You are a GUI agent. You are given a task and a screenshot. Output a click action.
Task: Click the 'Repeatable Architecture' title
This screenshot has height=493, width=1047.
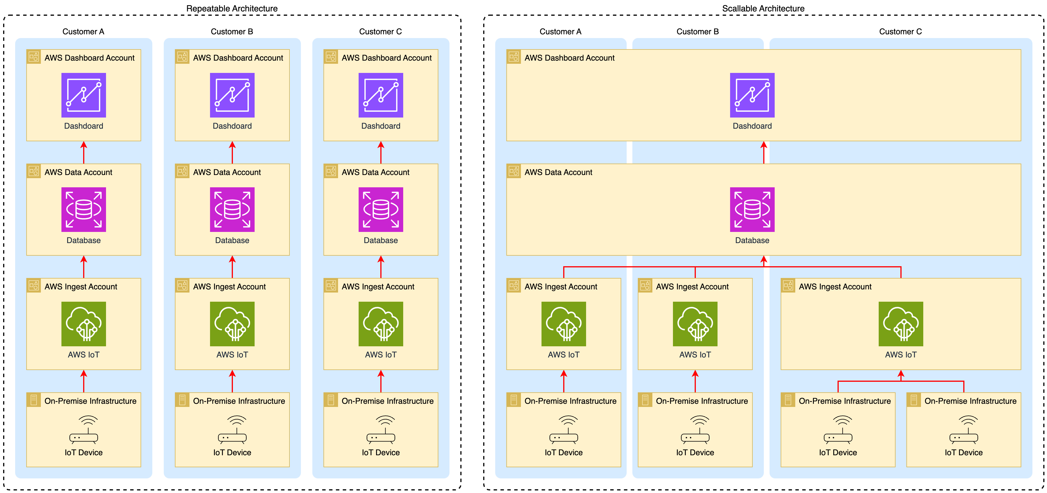click(232, 9)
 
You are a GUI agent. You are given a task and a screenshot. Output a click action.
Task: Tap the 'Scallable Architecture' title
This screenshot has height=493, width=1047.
click(763, 9)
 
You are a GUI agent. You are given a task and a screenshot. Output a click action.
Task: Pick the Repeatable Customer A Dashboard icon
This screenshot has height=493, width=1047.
click(83, 95)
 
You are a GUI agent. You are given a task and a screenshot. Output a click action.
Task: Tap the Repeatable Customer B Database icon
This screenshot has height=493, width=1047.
click(232, 210)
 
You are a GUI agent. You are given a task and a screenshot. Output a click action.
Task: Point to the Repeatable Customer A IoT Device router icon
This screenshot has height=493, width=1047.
click(83, 430)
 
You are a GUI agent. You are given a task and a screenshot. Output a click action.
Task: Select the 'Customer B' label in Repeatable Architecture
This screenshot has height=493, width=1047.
click(232, 32)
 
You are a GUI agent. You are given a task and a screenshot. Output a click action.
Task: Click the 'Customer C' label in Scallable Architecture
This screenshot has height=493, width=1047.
click(900, 32)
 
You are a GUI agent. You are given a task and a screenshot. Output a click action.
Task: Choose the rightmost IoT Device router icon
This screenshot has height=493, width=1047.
click(963, 430)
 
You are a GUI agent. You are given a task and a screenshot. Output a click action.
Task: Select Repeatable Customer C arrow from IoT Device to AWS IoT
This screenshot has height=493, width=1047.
click(381, 381)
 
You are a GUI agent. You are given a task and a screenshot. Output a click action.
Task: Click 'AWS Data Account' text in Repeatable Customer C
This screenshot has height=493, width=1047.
click(375, 172)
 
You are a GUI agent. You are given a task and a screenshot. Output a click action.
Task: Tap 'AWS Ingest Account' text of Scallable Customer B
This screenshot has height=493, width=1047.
click(692, 287)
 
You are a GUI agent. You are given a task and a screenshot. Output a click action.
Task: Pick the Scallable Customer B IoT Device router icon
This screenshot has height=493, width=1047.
click(695, 430)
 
